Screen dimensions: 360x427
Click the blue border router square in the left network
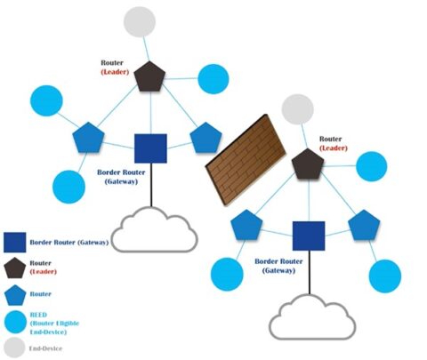coord(150,148)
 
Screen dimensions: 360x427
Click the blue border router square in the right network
coord(308,236)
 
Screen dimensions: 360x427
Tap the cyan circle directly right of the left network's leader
coord(212,78)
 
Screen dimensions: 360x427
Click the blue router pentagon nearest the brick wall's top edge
coord(206,138)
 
